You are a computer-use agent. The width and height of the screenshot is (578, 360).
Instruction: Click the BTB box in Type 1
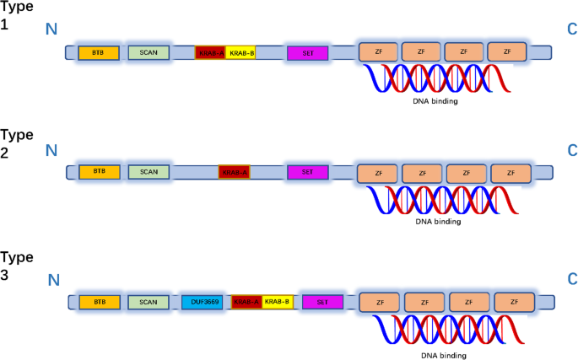click(99, 52)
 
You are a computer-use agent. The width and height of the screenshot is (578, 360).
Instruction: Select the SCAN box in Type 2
click(149, 172)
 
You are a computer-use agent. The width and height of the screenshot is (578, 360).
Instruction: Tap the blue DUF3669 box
click(202, 302)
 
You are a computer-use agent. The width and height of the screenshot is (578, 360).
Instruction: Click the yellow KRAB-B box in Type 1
click(240, 52)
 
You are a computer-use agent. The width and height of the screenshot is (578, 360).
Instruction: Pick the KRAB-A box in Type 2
click(235, 172)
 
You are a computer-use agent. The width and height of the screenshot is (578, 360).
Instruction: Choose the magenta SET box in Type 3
click(322, 302)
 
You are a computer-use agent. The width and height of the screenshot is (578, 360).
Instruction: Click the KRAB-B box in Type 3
click(277, 302)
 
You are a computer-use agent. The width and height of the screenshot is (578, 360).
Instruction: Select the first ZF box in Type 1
click(378, 51)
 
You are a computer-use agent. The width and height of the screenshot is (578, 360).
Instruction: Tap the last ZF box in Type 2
click(510, 173)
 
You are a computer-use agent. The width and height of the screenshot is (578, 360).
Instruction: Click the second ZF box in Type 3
click(426, 302)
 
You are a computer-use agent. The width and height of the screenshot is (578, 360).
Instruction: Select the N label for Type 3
click(54, 280)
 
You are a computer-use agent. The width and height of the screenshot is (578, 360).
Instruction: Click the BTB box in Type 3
click(100, 302)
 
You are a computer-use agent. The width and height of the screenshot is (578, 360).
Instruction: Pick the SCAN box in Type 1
click(149, 52)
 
